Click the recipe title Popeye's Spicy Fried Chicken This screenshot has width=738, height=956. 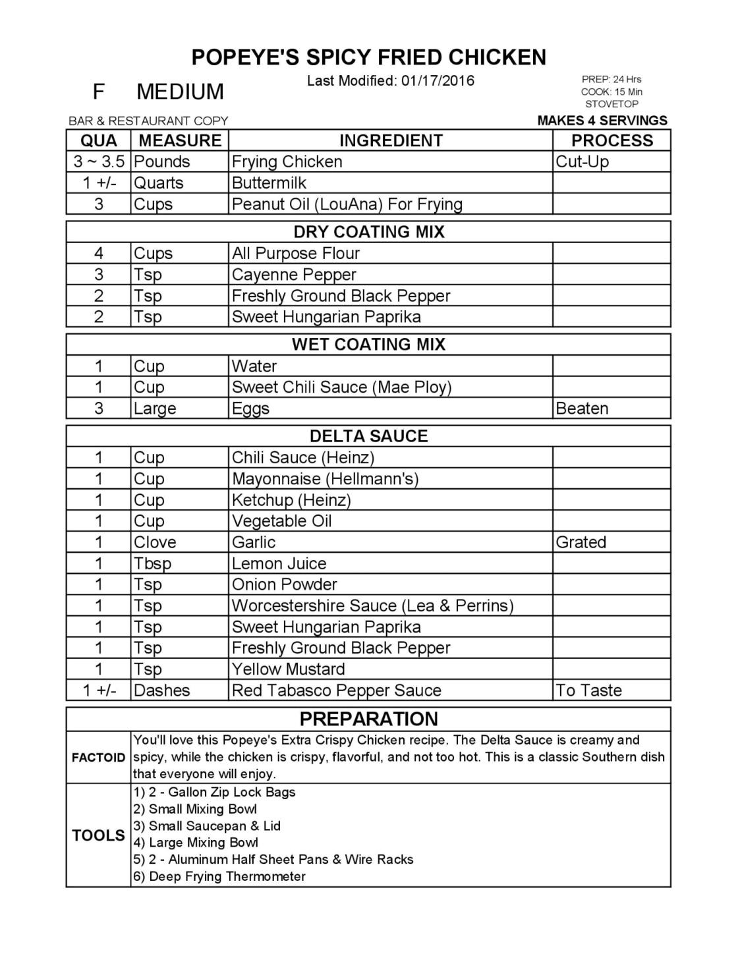pos(368,57)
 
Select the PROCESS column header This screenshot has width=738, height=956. pos(611,140)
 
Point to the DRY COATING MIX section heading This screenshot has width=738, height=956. pos(368,232)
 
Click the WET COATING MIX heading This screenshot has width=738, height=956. pos(368,345)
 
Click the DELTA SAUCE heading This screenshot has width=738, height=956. pos(368,436)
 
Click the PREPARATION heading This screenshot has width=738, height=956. pos(368,719)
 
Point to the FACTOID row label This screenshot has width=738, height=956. pos(98,758)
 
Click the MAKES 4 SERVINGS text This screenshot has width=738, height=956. pos(602,121)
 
